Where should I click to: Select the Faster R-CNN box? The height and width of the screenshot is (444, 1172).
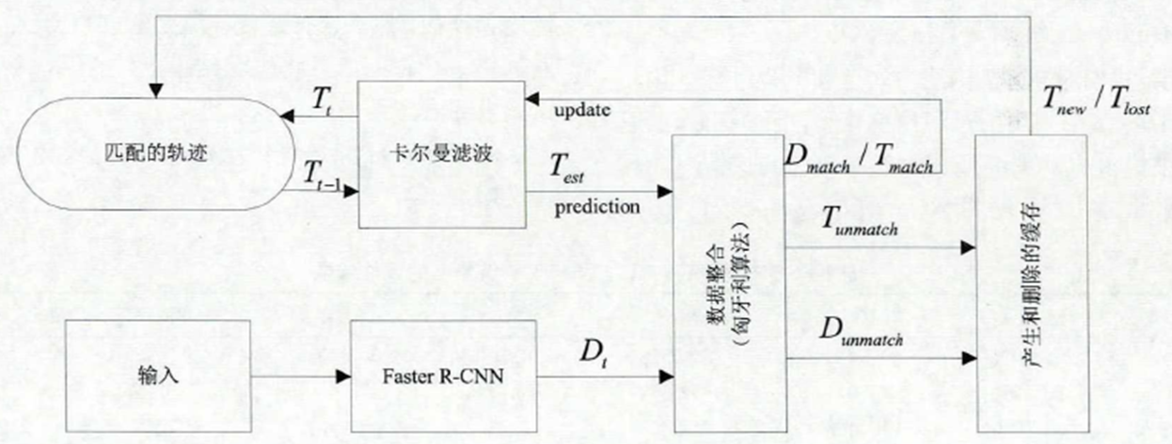[x=442, y=376]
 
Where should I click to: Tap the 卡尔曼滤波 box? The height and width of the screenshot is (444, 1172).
[x=442, y=153]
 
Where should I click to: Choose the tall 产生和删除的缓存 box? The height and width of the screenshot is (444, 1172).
[x=1031, y=282]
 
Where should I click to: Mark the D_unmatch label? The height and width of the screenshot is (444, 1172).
[x=861, y=331]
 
